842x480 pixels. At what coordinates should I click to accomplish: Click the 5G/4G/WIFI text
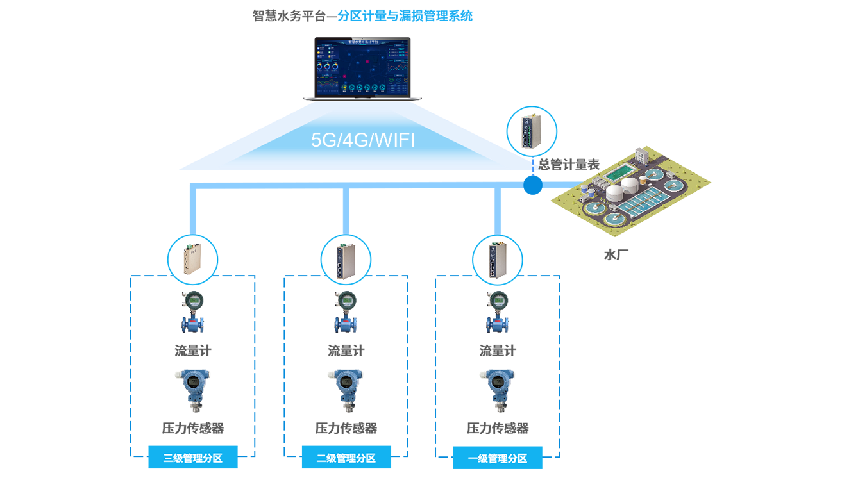point(363,140)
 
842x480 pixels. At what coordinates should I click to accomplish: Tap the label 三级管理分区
point(192,458)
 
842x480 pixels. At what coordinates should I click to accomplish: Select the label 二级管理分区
point(346,458)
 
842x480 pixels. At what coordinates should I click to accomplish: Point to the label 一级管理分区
point(498,458)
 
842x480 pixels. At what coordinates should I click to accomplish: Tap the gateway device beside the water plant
point(532,131)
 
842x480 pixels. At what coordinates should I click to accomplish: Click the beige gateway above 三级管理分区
point(192,260)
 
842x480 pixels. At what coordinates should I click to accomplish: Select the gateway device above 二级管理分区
point(345,260)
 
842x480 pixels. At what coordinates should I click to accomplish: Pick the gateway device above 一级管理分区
point(498,260)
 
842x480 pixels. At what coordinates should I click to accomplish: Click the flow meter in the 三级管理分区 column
point(192,312)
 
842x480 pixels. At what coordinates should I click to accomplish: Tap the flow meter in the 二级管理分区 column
point(345,312)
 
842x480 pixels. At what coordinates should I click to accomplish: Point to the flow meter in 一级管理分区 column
point(498,312)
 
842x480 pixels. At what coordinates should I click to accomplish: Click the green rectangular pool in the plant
point(619,172)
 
